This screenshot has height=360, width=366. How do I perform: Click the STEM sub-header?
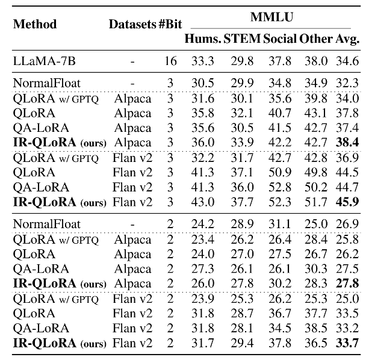[x=242, y=40]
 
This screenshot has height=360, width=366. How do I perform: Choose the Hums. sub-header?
[x=202, y=40]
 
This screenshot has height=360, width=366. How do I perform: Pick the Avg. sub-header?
[x=348, y=40]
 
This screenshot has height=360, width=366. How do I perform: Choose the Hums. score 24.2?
[x=202, y=223]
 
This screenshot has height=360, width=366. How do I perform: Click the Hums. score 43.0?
[x=202, y=202]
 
